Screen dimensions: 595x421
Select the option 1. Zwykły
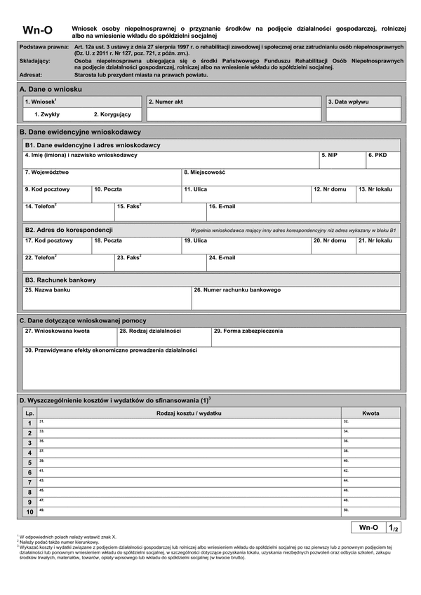click(47, 114)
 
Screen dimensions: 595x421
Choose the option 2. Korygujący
click(112, 114)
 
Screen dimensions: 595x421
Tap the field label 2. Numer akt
click(166, 102)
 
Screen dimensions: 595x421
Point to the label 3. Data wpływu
click(348, 102)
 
